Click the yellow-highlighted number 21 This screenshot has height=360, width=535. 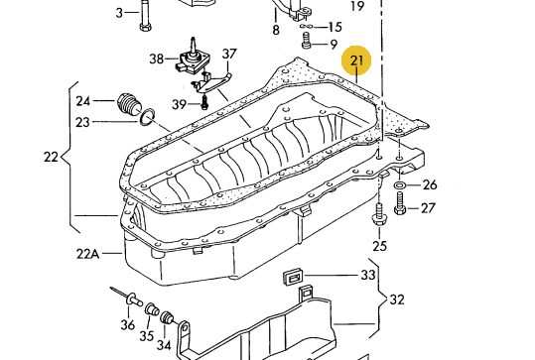pyautogui.click(x=356, y=60)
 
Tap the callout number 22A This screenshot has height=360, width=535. pyautogui.click(x=87, y=254)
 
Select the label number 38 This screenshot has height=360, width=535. pyautogui.click(x=157, y=59)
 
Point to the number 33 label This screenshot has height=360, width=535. pyautogui.click(x=368, y=275)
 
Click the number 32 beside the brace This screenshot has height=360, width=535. pyautogui.click(x=397, y=300)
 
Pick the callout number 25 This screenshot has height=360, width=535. pyautogui.click(x=380, y=246)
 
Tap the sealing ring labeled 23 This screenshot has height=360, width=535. pyautogui.click(x=147, y=117)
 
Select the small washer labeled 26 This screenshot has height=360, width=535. pyautogui.click(x=400, y=185)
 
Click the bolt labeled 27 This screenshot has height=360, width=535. pyautogui.click(x=400, y=203)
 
